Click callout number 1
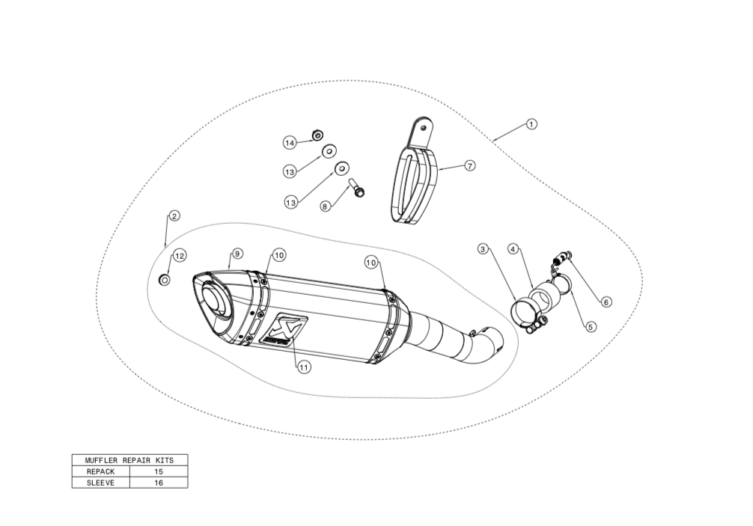tap(531, 124)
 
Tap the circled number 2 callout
tap(174, 216)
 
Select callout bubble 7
tap(469, 165)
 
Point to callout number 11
tap(303, 367)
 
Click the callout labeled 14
tap(290, 143)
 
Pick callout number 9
tap(237, 254)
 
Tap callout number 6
tap(606, 302)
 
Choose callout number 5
tap(591, 327)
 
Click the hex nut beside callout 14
tap(317, 136)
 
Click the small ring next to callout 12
tap(164, 279)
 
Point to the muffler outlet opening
tap(214, 301)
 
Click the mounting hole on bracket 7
tap(423, 128)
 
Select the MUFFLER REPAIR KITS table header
tap(129, 459)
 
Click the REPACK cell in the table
tap(101, 471)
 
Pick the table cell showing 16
tap(159, 483)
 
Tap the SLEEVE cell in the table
tap(101, 483)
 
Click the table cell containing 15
tap(159, 471)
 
